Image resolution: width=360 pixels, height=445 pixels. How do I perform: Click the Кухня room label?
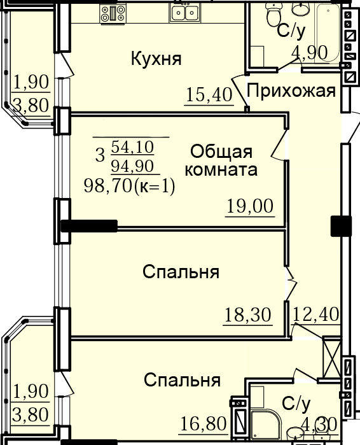[156, 59]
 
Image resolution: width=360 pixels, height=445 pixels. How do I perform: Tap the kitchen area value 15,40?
[209, 95]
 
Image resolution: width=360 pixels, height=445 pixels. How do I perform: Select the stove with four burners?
[113, 13]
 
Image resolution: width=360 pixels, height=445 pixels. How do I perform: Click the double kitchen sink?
[184, 13]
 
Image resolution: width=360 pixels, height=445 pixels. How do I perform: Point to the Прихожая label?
[291, 92]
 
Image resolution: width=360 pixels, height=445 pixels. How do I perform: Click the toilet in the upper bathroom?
[274, 15]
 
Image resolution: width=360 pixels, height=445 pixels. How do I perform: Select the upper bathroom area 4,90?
[310, 52]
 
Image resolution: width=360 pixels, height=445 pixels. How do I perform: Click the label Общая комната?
[221, 160]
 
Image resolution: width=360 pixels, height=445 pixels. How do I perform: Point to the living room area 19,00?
[250, 206]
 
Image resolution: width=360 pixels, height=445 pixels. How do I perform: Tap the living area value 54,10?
[132, 147]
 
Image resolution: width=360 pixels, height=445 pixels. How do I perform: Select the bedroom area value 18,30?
[248, 314]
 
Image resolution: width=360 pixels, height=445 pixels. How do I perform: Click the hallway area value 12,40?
[315, 314]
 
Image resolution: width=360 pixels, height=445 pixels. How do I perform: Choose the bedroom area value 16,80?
[204, 423]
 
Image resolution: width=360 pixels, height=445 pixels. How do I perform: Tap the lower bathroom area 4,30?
[319, 425]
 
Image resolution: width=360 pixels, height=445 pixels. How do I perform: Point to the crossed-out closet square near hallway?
[331, 357]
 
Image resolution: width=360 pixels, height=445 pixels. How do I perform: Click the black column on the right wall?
[342, 226]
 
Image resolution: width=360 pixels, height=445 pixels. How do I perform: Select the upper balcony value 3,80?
[31, 106]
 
